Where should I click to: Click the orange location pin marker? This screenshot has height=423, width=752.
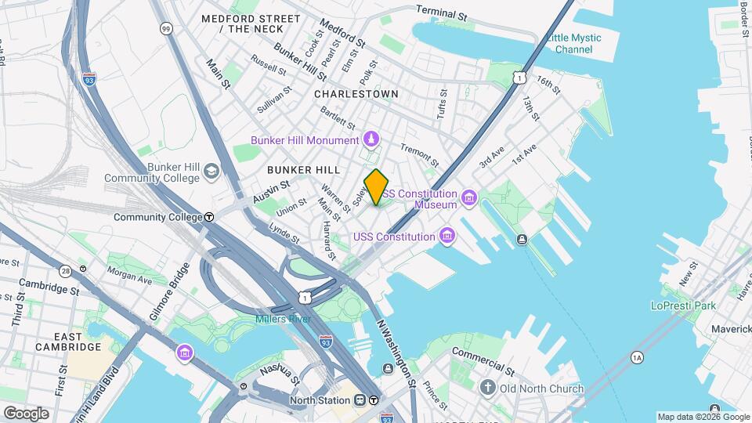click(x=377, y=187)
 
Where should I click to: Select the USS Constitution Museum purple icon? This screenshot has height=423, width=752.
click(x=469, y=197)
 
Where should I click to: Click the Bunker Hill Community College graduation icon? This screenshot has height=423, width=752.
click(x=211, y=171)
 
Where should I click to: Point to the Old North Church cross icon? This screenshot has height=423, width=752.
click(x=487, y=389)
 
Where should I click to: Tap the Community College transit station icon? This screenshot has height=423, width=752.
click(x=209, y=217)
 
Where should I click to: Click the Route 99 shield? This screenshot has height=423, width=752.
click(x=165, y=29)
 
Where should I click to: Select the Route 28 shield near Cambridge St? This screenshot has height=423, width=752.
click(x=65, y=271)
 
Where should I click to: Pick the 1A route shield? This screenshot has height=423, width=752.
click(x=637, y=358)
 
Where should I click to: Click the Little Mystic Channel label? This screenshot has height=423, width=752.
click(x=574, y=43)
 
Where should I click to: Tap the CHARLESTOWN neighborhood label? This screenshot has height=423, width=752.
click(x=356, y=93)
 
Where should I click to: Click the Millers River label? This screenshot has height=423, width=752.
click(x=283, y=319)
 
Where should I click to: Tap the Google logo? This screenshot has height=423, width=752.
click(x=27, y=413)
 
